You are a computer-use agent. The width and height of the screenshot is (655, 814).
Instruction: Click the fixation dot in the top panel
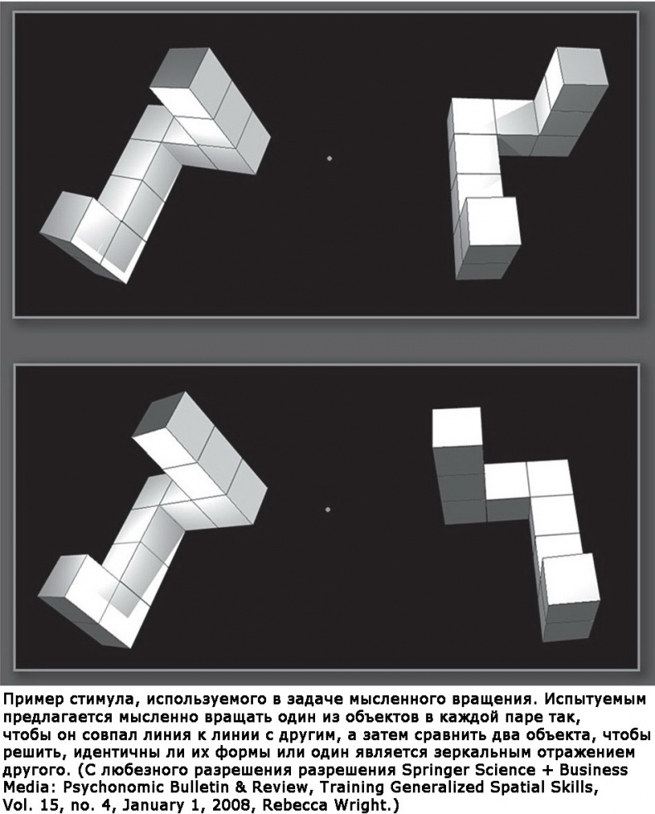click(x=329, y=158)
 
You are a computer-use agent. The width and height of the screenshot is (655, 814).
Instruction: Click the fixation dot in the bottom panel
click(x=327, y=509)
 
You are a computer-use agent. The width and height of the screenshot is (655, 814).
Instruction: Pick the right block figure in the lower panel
click(x=516, y=524)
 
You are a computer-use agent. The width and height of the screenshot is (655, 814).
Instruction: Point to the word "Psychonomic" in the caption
click(x=106, y=787)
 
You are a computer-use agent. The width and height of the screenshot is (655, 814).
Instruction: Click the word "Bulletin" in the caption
click(x=191, y=787)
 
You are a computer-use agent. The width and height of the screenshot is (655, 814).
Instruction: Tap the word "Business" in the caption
click(x=595, y=769)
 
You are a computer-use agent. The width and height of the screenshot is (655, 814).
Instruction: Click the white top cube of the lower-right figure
click(x=457, y=427)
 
